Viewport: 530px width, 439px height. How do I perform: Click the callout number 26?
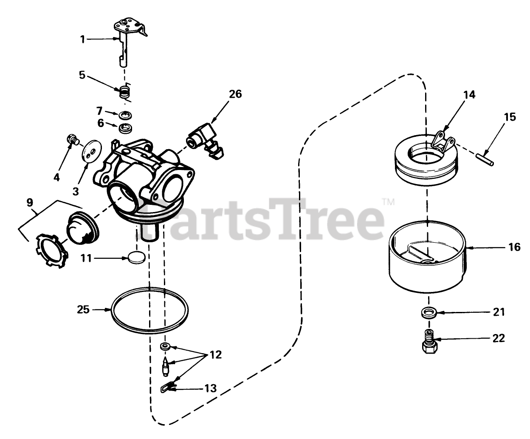(235, 94)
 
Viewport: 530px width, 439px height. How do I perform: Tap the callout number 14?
(469, 94)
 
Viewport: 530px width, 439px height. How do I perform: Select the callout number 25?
(83, 309)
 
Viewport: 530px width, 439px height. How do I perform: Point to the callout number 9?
(30, 202)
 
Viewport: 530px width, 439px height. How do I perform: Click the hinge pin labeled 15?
(485, 159)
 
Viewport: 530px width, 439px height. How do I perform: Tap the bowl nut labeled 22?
(429, 341)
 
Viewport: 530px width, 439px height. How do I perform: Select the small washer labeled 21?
(429, 312)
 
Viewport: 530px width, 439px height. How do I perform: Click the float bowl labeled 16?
(428, 257)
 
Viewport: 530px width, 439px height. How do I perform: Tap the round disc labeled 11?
(136, 258)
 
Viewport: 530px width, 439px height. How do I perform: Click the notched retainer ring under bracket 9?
(52, 251)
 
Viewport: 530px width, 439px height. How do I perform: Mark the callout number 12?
(215, 355)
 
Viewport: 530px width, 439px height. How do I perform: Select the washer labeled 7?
(125, 115)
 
